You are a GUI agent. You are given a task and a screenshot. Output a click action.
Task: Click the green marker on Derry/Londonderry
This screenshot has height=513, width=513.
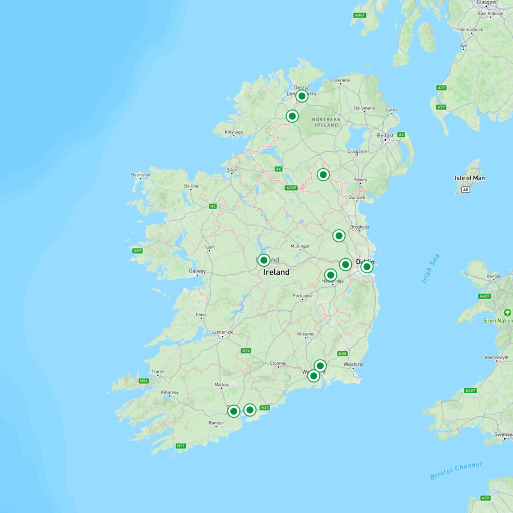coord(302,96)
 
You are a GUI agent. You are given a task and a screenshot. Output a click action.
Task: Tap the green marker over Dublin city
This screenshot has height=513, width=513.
coord(367,266)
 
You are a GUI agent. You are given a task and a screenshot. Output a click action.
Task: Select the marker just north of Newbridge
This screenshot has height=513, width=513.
coord(331,275)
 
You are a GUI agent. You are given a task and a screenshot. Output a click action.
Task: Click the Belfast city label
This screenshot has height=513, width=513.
coord(385,136)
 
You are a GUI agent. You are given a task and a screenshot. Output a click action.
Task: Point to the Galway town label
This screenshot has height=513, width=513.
coord(197,271)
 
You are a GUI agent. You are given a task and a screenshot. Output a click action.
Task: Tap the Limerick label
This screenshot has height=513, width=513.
coord(222,332)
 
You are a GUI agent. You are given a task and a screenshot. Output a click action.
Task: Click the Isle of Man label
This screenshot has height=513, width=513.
coord(469,178)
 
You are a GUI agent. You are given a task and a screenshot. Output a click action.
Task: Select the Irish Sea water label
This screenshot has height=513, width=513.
coord(431,268)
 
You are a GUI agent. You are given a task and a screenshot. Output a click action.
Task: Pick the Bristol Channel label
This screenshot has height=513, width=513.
coord(455,470)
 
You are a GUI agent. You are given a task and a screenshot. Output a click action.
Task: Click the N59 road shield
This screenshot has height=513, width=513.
coord(137,250)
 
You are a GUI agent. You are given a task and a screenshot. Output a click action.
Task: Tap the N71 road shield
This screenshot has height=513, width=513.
coord(181,446)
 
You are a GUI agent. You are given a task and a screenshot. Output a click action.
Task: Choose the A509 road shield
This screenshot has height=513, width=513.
coord(291,188)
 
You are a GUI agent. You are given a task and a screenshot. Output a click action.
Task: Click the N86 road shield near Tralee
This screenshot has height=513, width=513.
coord(144,381)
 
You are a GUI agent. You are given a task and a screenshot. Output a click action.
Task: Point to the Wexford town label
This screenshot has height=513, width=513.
coord(353,364)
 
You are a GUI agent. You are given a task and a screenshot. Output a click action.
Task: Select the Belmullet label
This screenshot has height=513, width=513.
coord(141,174)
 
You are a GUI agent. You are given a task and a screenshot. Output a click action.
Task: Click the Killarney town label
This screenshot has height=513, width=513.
coord(170,392)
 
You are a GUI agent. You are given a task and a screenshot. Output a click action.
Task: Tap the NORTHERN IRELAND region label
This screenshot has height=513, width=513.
coord(327,121)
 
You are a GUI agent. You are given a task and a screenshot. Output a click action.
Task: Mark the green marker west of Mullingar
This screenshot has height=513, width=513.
coord(263,260)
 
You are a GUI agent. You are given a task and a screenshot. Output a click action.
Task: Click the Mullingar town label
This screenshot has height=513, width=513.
coord(300,246)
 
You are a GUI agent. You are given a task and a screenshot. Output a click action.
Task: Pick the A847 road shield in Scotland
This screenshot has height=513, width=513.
coord(359,15)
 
